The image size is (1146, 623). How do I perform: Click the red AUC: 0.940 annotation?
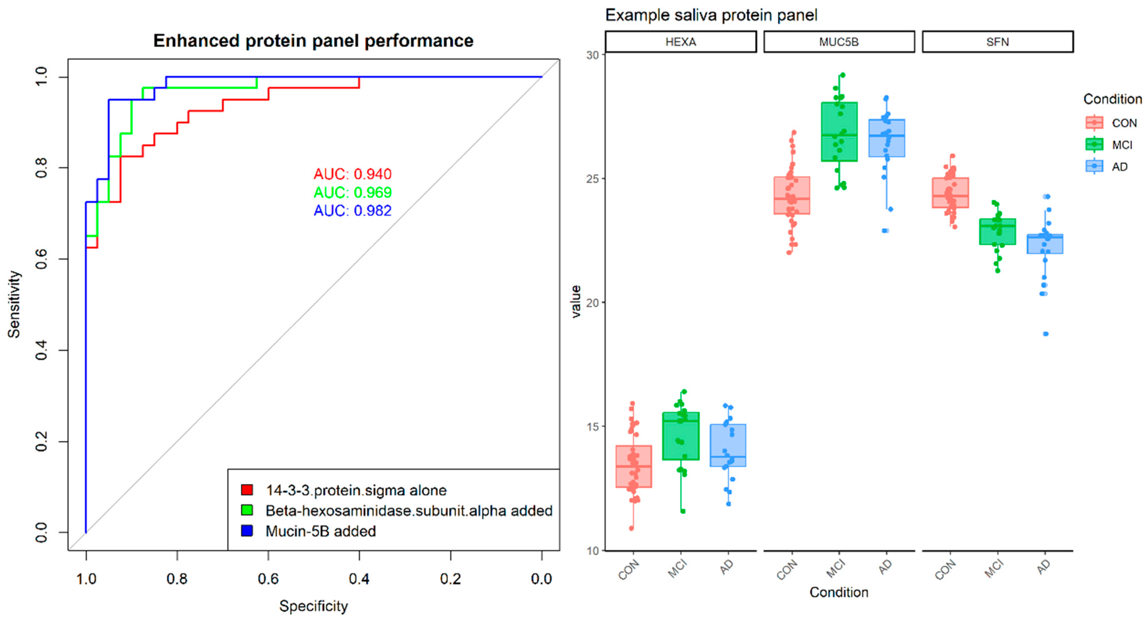click(352, 174)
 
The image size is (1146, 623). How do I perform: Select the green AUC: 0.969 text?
click(352, 192)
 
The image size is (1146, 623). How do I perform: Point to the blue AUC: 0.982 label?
click(352, 211)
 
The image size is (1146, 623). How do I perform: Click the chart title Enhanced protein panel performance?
click(313, 41)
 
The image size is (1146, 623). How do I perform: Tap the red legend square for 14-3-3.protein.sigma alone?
click(247, 490)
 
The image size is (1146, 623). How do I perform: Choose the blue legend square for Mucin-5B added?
click(247, 531)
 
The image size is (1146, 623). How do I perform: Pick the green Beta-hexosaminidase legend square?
click(247, 510)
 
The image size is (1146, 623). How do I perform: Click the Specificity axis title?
click(313, 606)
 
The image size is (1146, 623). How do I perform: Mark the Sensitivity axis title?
click(14, 304)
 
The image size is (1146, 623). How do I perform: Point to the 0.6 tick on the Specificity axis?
click(268, 579)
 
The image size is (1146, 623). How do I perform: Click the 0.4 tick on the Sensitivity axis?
click(41, 351)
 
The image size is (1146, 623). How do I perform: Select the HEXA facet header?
click(681, 42)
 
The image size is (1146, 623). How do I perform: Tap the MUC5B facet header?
click(839, 42)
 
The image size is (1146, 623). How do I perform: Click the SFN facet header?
click(997, 42)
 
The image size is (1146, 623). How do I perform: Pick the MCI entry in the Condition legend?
click(1121, 145)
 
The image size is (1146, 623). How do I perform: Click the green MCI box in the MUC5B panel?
click(839, 132)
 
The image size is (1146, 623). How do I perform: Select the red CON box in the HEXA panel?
click(633, 466)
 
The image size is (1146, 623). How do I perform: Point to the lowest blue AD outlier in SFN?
click(1046, 334)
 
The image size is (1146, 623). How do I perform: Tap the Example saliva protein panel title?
click(711, 15)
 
